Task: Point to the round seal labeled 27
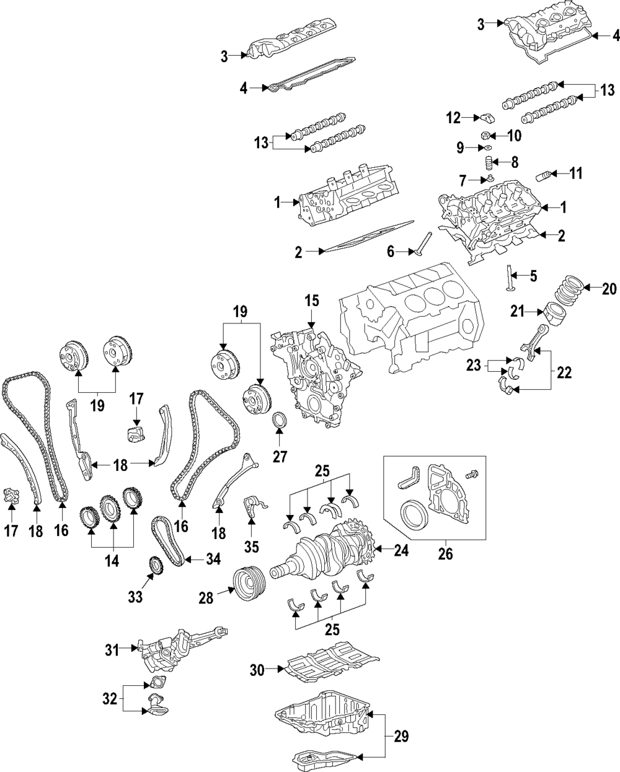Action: pyautogui.click(x=280, y=421)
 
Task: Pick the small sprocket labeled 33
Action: pyautogui.click(x=154, y=567)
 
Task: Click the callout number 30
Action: pyautogui.click(x=257, y=669)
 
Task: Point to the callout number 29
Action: pyautogui.click(x=402, y=736)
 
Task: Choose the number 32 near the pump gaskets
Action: pyautogui.click(x=109, y=699)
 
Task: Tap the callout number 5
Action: pyautogui.click(x=533, y=274)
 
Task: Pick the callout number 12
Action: pyautogui.click(x=453, y=116)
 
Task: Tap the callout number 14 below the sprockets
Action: pyautogui.click(x=113, y=561)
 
